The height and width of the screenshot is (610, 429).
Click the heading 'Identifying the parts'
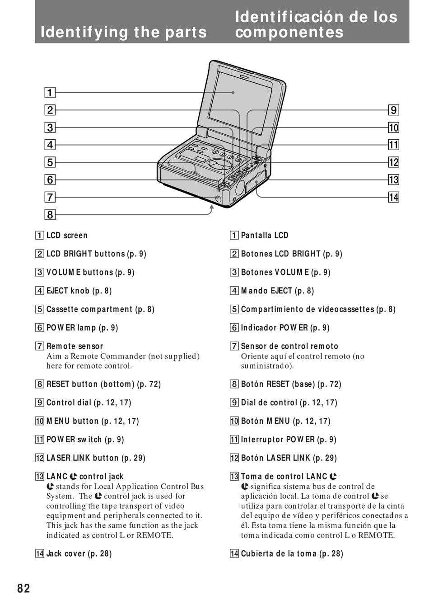click(123, 32)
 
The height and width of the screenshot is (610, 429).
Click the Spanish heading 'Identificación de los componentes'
click(316, 24)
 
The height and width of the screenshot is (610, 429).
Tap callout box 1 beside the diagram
click(50, 93)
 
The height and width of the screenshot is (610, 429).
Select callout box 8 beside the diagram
click(50, 214)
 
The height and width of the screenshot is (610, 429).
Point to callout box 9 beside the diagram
click(393, 110)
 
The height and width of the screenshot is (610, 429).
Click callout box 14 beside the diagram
click(393, 197)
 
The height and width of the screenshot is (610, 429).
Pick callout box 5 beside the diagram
click(50, 162)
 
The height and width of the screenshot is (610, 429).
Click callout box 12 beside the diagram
click(393, 162)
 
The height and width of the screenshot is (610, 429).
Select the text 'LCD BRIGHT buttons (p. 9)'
click(96, 254)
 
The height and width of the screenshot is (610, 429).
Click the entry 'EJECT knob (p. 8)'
click(79, 291)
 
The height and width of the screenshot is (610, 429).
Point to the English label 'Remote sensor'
click(75, 346)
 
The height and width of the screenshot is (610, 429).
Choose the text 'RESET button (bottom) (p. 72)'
click(103, 384)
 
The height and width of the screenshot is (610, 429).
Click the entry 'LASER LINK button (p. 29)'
click(96, 458)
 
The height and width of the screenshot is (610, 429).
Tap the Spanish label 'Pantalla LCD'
click(264, 235)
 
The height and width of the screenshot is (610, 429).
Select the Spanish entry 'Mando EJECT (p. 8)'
click(277, 291)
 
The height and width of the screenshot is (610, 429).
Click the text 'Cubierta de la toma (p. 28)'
click(292, 553)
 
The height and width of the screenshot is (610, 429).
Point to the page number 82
click(24, 588)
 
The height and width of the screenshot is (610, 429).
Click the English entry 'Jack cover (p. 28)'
click(79, 553)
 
